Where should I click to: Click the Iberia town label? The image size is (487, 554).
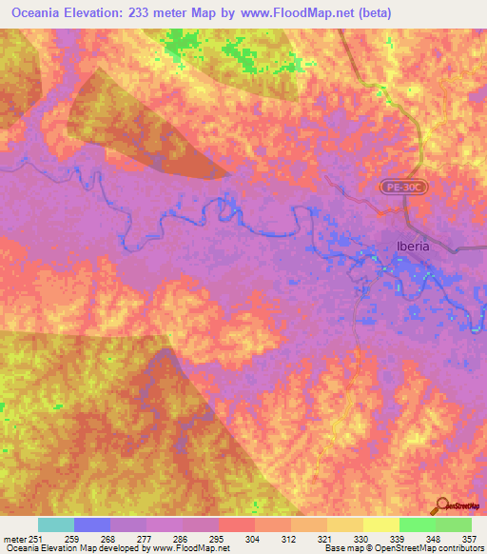413,246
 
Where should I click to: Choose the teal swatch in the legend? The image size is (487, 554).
56,524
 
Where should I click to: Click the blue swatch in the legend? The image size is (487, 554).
92,524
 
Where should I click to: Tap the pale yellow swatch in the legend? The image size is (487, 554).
380,524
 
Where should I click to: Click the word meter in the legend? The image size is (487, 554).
14,539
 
